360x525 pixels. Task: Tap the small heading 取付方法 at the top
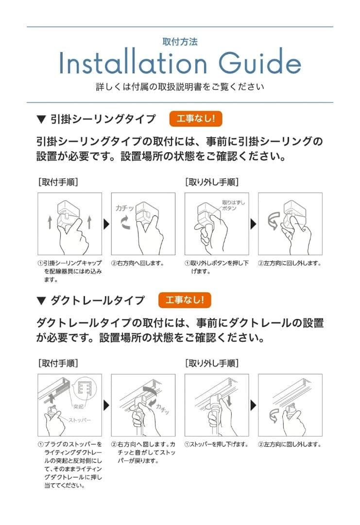click(x=180, y=42)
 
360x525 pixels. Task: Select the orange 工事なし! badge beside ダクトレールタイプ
click(x=185, y=300)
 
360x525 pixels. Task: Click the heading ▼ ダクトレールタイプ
click(x=91, y=300)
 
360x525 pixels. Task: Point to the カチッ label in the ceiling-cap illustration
click(x=124, y=208)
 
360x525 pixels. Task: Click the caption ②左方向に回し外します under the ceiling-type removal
click(x=290, y=263)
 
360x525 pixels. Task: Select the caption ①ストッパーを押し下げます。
click(x=216, y=444)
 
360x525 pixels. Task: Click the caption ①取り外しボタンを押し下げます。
click(x=216, y=267)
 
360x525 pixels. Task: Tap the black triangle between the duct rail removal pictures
click(x=253, y=405)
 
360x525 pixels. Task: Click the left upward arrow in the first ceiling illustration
click(x=50, y=223)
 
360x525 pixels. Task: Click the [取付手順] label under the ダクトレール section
click(x=58, y=363)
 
